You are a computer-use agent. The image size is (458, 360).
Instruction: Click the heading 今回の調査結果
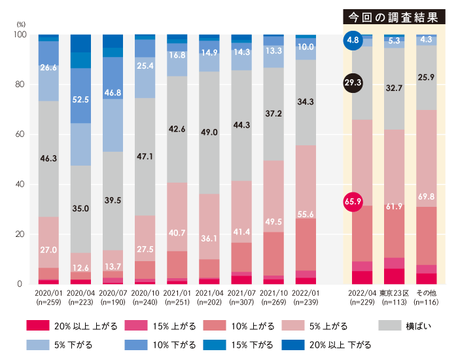point(391,17)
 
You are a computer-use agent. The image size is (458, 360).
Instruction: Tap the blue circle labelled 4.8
point(353,41)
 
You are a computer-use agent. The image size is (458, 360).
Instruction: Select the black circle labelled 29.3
point(353,82)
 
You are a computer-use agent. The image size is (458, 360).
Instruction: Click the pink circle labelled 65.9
point(353,202)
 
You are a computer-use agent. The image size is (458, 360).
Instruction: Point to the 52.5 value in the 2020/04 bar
point(80,100)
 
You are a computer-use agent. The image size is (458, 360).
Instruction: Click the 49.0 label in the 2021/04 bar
point(209,132)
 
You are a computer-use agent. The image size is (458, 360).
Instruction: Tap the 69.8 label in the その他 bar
point(426,196)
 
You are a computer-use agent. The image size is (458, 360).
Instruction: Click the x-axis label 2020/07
point(113,293)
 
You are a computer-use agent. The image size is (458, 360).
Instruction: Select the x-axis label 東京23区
point(395,293)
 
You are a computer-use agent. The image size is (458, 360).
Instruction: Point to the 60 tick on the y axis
point(19,134)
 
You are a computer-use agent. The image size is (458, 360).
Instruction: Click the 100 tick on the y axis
point(18,35)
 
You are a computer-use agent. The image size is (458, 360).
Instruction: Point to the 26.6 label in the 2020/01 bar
point(49,67)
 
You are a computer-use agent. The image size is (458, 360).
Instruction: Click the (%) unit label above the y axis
point(20,24)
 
